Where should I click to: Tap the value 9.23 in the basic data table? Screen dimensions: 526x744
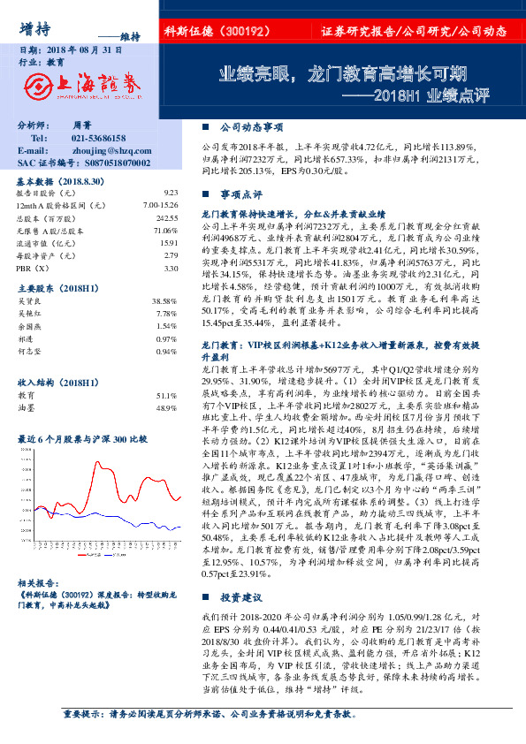[x=171, y=192]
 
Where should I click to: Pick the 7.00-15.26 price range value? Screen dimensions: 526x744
[x=159, y=204]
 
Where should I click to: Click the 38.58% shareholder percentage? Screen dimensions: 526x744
[x=165, y=300]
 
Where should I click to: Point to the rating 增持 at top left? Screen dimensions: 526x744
[x=34, y=27]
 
